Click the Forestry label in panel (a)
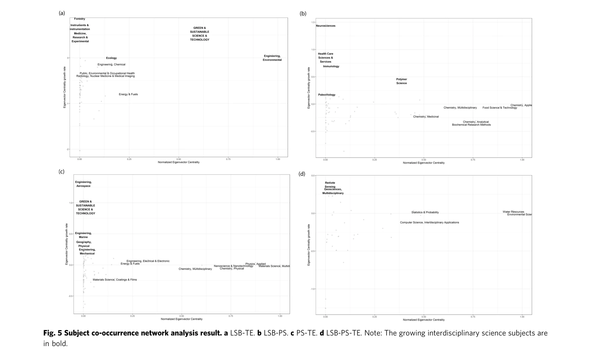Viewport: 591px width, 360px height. (79, 19)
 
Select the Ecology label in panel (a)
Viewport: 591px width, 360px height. (111, 58)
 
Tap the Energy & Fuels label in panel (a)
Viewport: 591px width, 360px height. (128, 94)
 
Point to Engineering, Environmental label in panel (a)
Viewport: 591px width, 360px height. (272, 58)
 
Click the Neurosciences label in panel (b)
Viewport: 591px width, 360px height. (326, 26)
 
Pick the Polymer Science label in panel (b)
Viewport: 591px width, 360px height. (401, 81)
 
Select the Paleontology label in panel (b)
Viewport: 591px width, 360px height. (327, 95)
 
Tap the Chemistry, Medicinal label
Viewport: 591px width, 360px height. (426, 117)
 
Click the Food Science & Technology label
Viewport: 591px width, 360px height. (500, 108)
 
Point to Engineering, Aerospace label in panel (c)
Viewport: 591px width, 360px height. (83, 184)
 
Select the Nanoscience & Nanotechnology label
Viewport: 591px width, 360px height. (233, 266)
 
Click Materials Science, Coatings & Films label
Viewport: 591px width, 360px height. (114, 280)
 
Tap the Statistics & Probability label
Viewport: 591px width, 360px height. (425, 212)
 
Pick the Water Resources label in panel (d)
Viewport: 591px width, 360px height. (513, 212)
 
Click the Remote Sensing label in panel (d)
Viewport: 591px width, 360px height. (330, 184)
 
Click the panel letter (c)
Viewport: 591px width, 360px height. (61, 172)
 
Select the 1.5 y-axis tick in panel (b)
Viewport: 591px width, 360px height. (313, 22)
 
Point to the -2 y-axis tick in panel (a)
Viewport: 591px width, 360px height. (68, 149)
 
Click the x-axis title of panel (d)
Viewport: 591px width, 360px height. (424, 320)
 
